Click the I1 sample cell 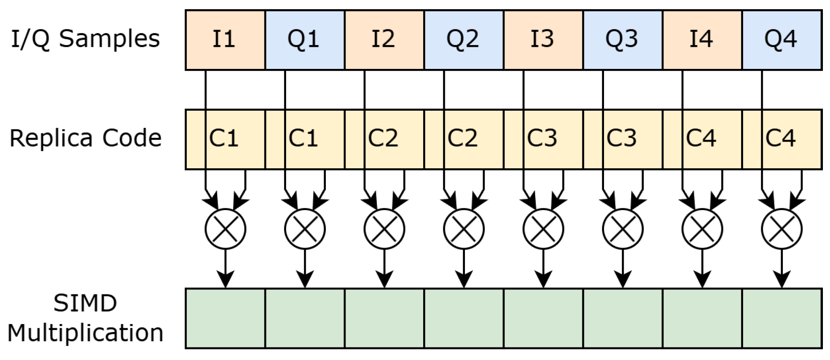point(225,40)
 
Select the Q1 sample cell point(305,40)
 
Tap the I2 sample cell point(384,40)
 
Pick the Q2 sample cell point(463,40)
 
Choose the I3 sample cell point(543,40)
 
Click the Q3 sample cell point(622,40)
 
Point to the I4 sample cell point(702,40)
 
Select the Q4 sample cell point(782,40)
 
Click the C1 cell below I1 point(225,139)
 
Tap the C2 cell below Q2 point(463,139)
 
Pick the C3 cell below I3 point(543,139)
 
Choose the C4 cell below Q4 point(782,139)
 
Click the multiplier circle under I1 point(225,229)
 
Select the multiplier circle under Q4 point(782,229)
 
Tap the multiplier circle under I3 point(543,229)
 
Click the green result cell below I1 point(225,318)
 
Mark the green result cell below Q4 point(782,318)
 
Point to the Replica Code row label point(86,138)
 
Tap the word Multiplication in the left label point(86,333)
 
